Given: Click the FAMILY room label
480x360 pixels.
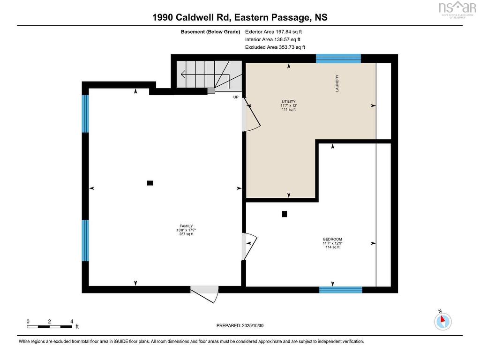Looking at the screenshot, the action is click(x=186, y=226).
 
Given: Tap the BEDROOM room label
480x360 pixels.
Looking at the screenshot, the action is click(x=332, y=239).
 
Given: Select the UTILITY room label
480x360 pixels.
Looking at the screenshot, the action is click(x=289, y=102).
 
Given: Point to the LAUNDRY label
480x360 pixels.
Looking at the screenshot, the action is click(x=337, y=83).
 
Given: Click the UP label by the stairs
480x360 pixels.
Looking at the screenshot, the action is click(x=236, y=97).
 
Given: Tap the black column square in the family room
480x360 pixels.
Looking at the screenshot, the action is click(x=150, y=183).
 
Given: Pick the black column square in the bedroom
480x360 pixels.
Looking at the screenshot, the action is click(x=285, y=214).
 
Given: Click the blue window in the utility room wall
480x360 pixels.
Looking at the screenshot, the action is click(x=338, y=59).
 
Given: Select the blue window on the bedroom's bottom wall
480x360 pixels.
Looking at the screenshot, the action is click(x=341, y=290).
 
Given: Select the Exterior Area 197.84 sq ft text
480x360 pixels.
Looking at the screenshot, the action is click(x=273, y=31).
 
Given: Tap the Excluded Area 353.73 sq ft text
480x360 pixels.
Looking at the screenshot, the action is click(x=275, y=47).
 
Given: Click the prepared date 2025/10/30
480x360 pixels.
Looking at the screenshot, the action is click(x=253, y=325).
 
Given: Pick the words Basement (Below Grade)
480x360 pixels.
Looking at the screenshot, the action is click(x=210, y=32).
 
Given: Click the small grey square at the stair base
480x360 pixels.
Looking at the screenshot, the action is click(x=211, y=90).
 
